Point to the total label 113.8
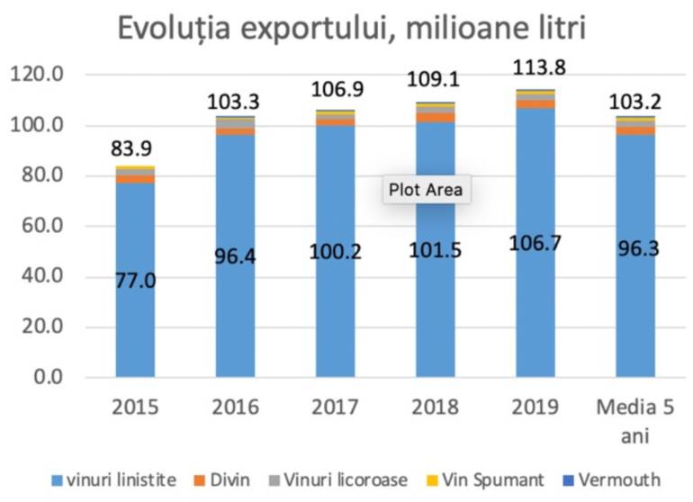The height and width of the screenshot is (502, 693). point(537,68)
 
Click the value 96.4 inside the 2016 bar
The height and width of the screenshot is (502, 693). point(236,256)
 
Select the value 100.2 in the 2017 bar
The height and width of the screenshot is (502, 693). point(336,251)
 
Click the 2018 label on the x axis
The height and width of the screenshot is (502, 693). point(436,407)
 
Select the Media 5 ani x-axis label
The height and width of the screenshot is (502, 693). point(636,420)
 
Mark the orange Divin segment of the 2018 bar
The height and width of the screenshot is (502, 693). point(436,117)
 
